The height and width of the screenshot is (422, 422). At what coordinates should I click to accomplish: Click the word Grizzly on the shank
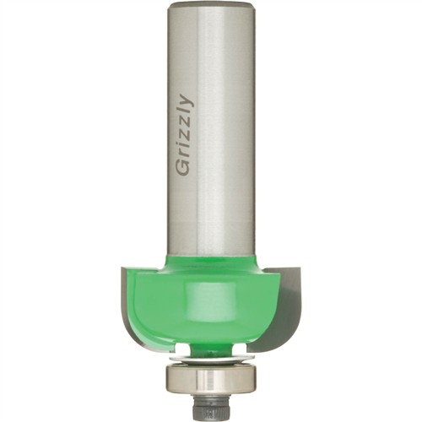[184, 135]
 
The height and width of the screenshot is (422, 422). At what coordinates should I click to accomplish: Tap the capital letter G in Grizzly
[182, 168]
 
